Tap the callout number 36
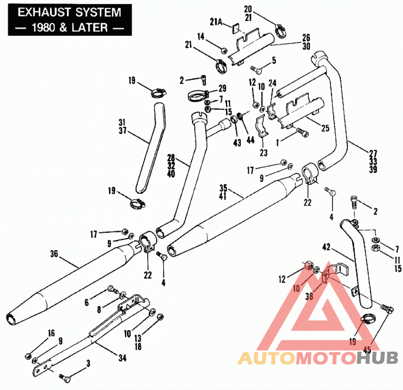[x=54, y=254]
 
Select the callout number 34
[x=122, y=358]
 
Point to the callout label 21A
[x=216, y=22]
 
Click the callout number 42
[x=326, y=247]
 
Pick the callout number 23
[x=263, y=153]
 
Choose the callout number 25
[x=325, y=128]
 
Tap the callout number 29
[x=222, y=89]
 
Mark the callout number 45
[x=367, y=350]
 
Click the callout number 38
[x=309, y=296]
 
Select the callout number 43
[x=237, y=143]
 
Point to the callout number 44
[x=250, y=140]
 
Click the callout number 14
[x=200, y=37]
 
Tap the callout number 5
[x=274, y=60]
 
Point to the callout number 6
[x=87, y=303]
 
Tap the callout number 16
[x=51, y=333]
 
